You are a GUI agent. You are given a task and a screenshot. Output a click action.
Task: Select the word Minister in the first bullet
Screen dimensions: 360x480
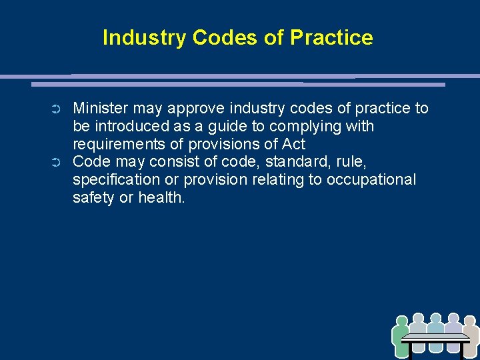[x=101, y=108]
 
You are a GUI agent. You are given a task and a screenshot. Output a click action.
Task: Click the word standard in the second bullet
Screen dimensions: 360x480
[x=296, y=162]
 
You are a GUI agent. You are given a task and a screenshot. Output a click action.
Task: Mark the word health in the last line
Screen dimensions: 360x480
[x=161, y=198]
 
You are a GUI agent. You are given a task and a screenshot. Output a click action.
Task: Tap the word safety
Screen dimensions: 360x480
[x=94, y=198]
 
